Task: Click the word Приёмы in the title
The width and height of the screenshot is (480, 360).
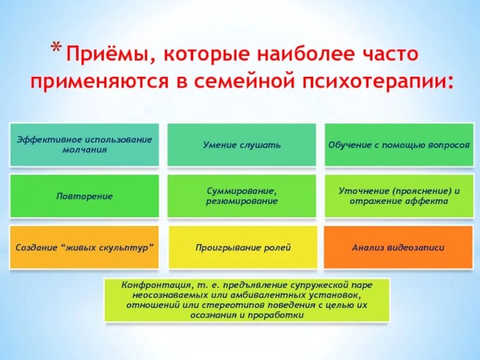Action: (x=102, y=56)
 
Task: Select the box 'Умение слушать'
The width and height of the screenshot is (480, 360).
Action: (x=241, y=145)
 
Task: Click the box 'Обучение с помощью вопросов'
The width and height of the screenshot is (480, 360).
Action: (x=399, y=145)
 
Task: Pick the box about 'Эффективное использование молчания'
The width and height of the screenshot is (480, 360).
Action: (x=84, y=145)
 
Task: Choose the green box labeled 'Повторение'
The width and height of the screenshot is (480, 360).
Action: (x=84, y=196)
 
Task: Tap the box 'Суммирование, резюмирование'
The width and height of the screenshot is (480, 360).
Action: (x=241, y=196)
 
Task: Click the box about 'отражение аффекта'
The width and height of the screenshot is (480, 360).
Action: (x=399, y=196)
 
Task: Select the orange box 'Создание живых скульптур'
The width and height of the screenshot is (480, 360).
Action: (x=84, y=247)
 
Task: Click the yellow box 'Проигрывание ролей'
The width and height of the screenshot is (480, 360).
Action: (x=241, y=247)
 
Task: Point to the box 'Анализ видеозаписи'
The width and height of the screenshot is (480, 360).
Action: (x=399, y=247)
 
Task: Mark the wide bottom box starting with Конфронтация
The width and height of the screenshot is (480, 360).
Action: (x=247, y=299)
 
